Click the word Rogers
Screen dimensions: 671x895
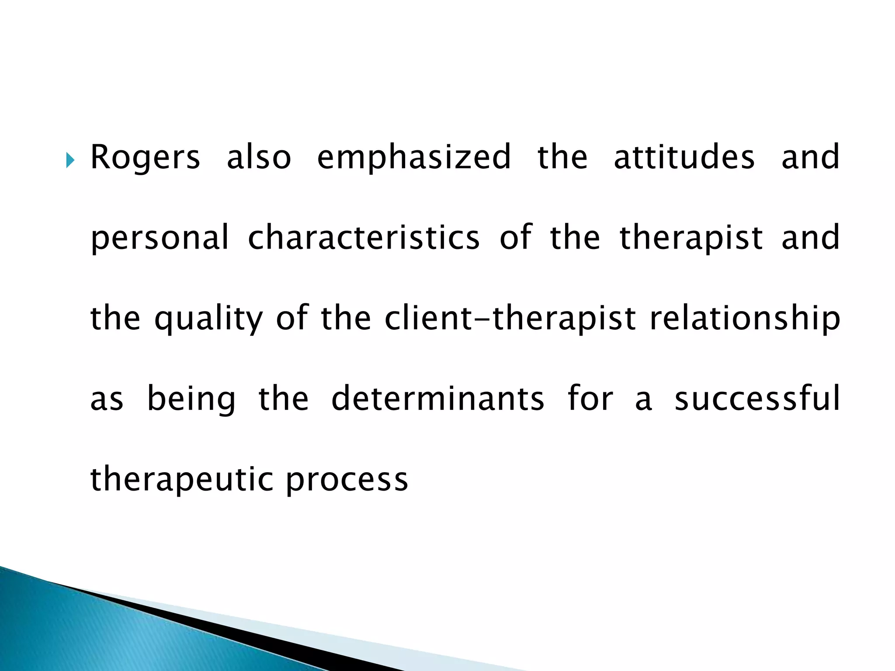tap(145, 158)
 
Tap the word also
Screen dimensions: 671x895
tap(259, 157)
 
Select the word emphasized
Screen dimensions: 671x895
tap(414, 158)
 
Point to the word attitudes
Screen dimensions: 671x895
tap(684, 157)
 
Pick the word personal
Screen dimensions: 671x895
tap(160, 238)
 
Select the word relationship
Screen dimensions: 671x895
tap(745, 319)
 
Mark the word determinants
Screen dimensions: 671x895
tap(437, 398)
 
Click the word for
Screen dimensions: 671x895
tap(590, 398)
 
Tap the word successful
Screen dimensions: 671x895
tap(757, 398)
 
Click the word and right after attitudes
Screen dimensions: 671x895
tap(810, 157)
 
